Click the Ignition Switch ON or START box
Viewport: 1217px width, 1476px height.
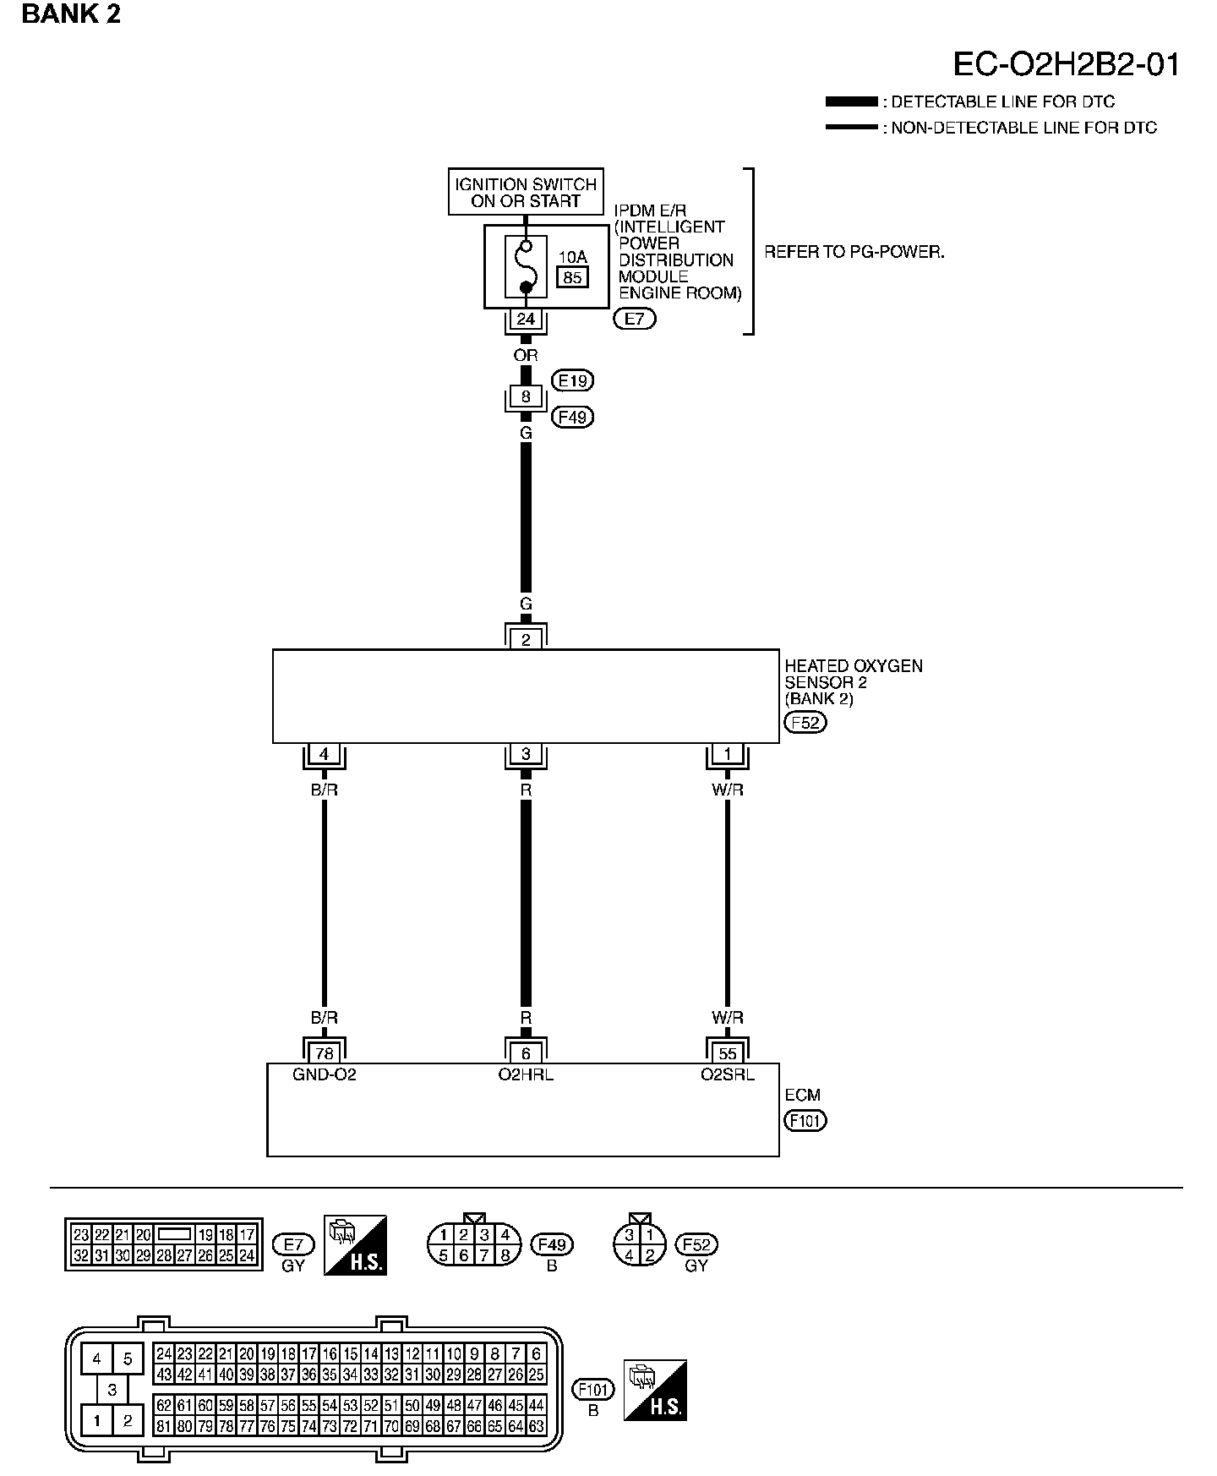(x=526, y=192)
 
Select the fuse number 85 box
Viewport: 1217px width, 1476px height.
(x=572, y=276)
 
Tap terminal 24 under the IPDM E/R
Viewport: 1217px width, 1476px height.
(x=526, y=320)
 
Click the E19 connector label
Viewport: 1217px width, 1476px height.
(x=572, y=381)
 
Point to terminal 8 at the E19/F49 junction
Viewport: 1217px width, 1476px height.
(x=526, y=396)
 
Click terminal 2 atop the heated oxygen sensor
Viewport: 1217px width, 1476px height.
(x=526, y=639)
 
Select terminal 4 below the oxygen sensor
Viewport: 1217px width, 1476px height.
(x=324, y=754)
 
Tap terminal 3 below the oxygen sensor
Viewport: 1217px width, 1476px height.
(x=526, y=754)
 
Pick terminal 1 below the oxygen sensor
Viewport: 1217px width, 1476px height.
(x=728, y=754)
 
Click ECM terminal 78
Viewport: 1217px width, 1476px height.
(x=324, y=1053)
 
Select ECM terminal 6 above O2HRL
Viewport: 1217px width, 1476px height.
(x=526, y=1053)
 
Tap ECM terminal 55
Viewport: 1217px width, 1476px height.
(x=728, y=1053)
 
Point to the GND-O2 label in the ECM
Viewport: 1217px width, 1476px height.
(x=325, y=1075)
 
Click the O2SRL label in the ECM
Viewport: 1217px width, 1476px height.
(x=728, y=1075)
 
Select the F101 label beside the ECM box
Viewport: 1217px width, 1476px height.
(x=805, y=1121)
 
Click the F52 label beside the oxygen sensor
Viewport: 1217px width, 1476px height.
(x=805, y=723)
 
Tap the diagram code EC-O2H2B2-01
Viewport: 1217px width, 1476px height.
(x=1067, y=64)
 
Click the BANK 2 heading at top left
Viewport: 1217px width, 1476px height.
(x=71, y=14)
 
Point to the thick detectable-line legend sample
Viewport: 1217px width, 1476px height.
(x=851, y=101)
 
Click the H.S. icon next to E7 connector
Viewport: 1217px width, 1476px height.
(x=355, y=1245)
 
